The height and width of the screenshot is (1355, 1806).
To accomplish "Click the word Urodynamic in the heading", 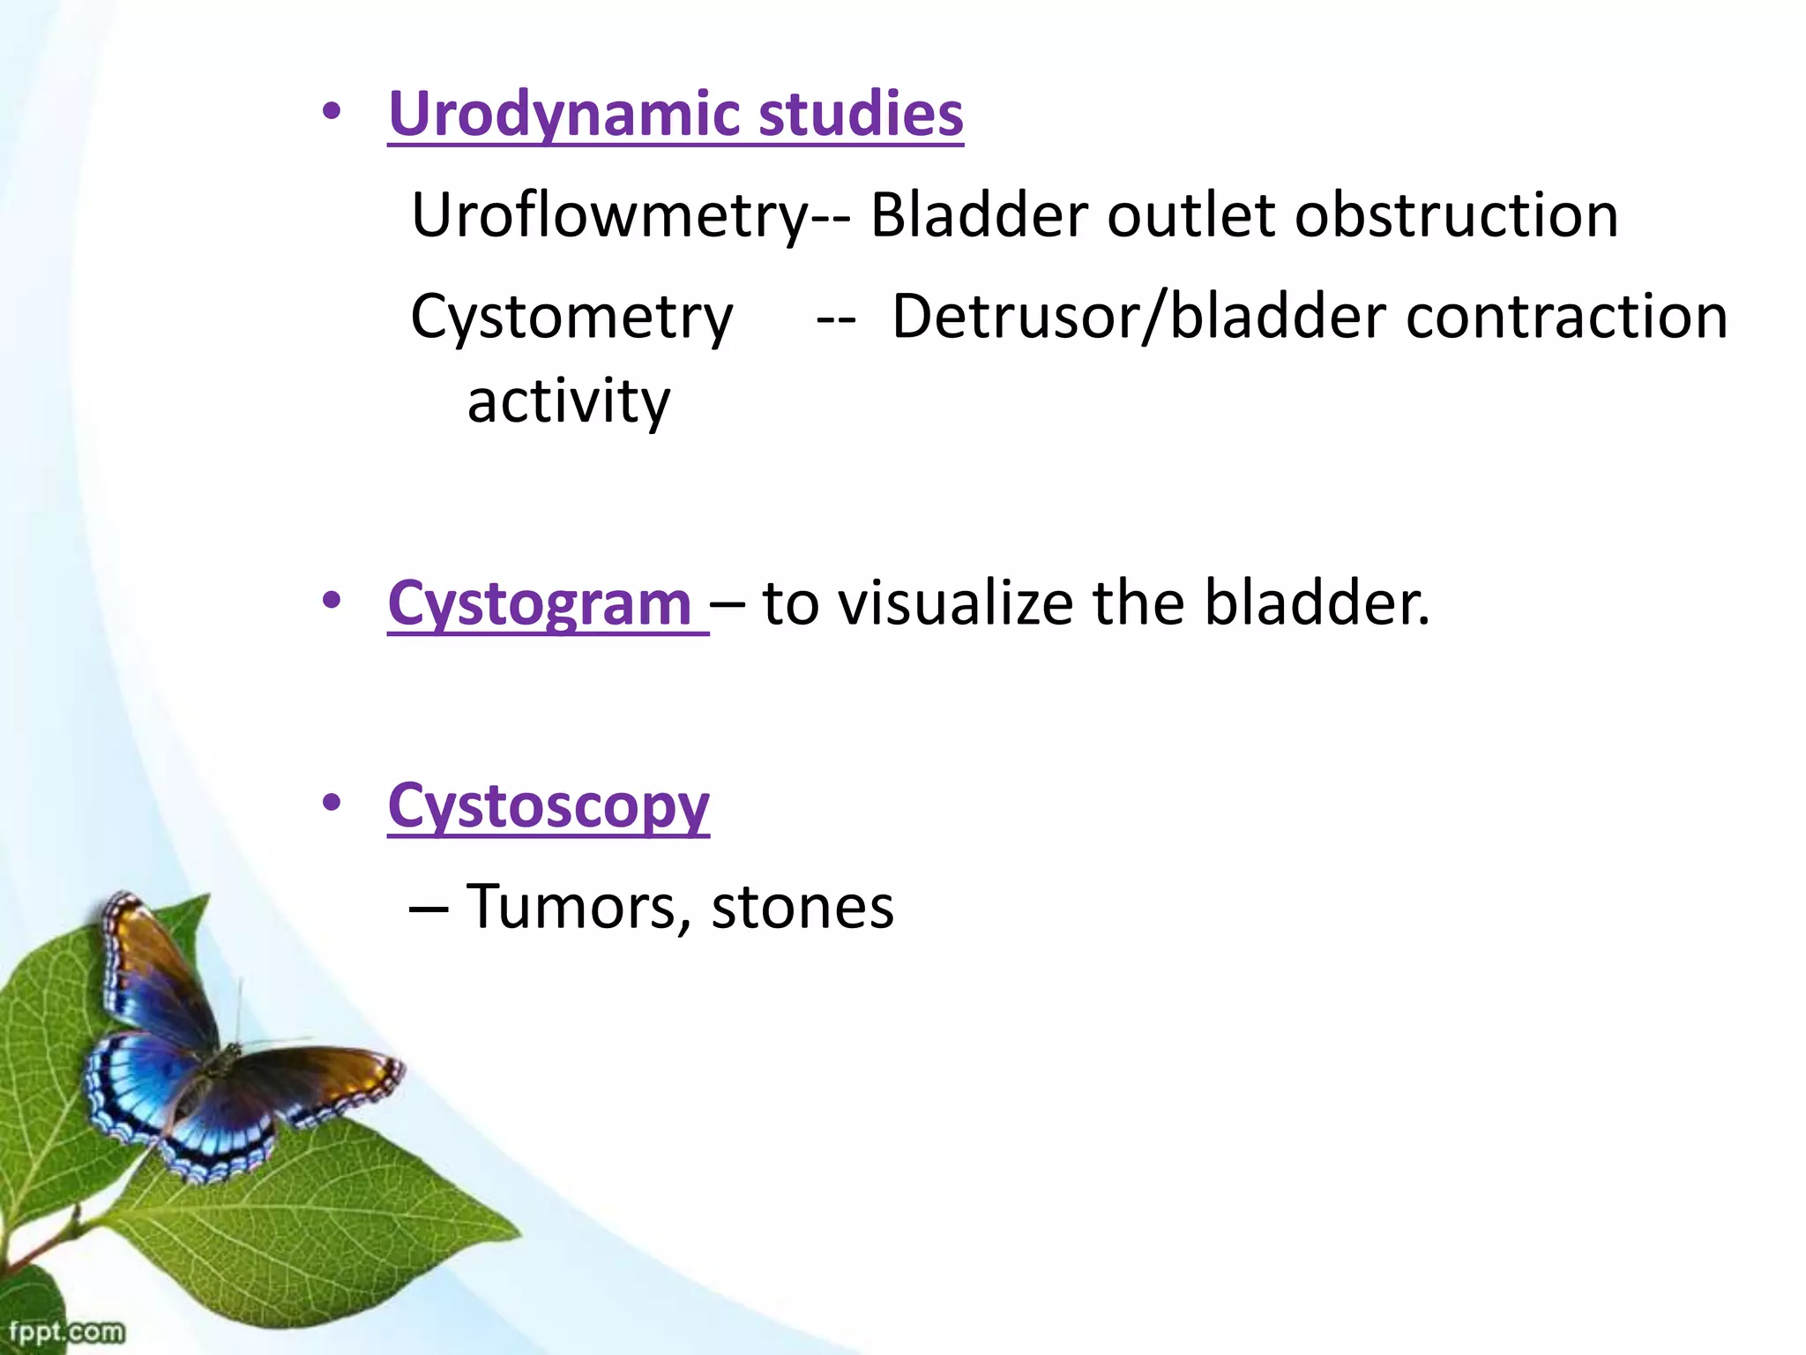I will pyautogui.click(x=564, y=115).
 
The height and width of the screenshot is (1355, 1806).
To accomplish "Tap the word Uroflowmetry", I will pyautogui.click(x=608, y=216).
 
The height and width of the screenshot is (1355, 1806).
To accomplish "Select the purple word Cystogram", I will pyautogui.click(x=540, y=605).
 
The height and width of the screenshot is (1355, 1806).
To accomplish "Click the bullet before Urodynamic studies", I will pyautogui.click(x=332, y=112).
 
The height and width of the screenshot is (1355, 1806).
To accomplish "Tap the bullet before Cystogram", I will pyautogui.click(x=332, y=602).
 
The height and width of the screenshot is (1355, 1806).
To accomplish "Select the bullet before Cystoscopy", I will pyautogui.click(x=332, y=804).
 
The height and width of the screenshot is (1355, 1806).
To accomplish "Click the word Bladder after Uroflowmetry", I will pyautogui.click(x=979, y=216).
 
